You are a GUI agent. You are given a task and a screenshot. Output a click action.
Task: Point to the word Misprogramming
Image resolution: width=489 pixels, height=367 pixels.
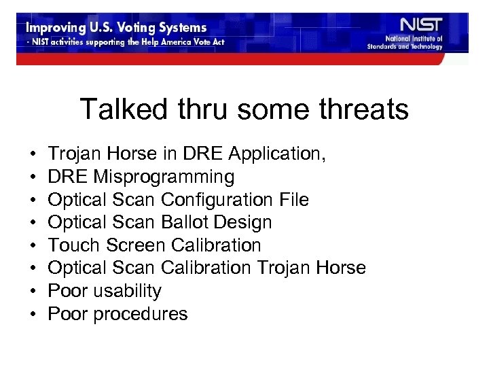[164, 177]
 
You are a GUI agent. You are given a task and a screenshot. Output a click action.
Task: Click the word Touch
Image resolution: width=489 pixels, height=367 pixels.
[71, 245]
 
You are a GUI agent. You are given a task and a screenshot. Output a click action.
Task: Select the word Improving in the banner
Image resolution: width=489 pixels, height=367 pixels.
[53, 28]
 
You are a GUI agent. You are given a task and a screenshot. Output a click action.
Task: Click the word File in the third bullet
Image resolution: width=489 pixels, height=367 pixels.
[293, 200]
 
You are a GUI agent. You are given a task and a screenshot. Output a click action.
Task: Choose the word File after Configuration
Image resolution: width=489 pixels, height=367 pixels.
[293, 200]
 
